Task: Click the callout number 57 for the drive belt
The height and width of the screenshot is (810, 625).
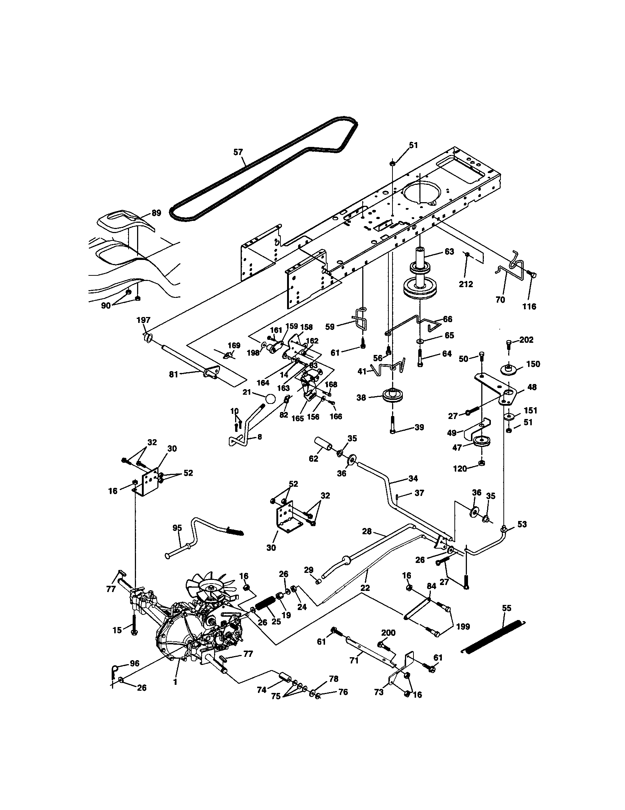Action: (238, 152)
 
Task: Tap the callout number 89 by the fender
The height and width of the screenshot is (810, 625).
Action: (156, 213)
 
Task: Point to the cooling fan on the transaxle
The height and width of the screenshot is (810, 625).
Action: (214, 588)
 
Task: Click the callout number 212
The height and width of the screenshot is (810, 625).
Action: (466, 284)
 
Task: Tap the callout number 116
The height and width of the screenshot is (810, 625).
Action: (529, 306)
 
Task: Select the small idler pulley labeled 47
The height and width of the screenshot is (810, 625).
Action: (481, 442)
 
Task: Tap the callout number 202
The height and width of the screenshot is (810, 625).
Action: (526, 340)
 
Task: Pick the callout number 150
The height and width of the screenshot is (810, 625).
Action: (533, 364)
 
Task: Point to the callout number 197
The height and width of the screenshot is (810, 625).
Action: (144, 320)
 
